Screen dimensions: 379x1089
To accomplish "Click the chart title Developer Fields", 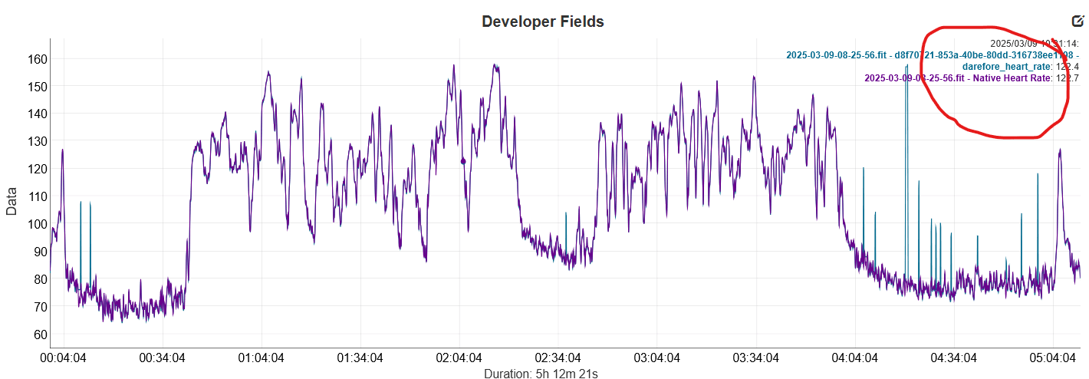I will click(x=542, y=21).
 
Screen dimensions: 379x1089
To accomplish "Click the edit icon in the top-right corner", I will click(x=1077, y=21).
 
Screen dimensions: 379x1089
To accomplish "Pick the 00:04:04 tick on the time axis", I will click(x=63, y=358).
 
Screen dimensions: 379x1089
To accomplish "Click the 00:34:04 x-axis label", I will click(x=162, y=358).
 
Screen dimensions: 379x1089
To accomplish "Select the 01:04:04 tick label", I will click(x=261, y=358).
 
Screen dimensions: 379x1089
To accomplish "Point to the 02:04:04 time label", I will click(x=459, y=358).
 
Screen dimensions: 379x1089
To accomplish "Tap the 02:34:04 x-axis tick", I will click(x=558, y=358).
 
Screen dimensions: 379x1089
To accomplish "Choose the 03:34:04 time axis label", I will click(x=756, y=358).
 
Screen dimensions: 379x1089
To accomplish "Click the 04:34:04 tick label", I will click(x=954, y=358).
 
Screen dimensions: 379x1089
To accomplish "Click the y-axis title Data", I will click(x=12, y=201).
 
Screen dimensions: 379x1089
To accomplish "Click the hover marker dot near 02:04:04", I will click(x=463, y=161).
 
